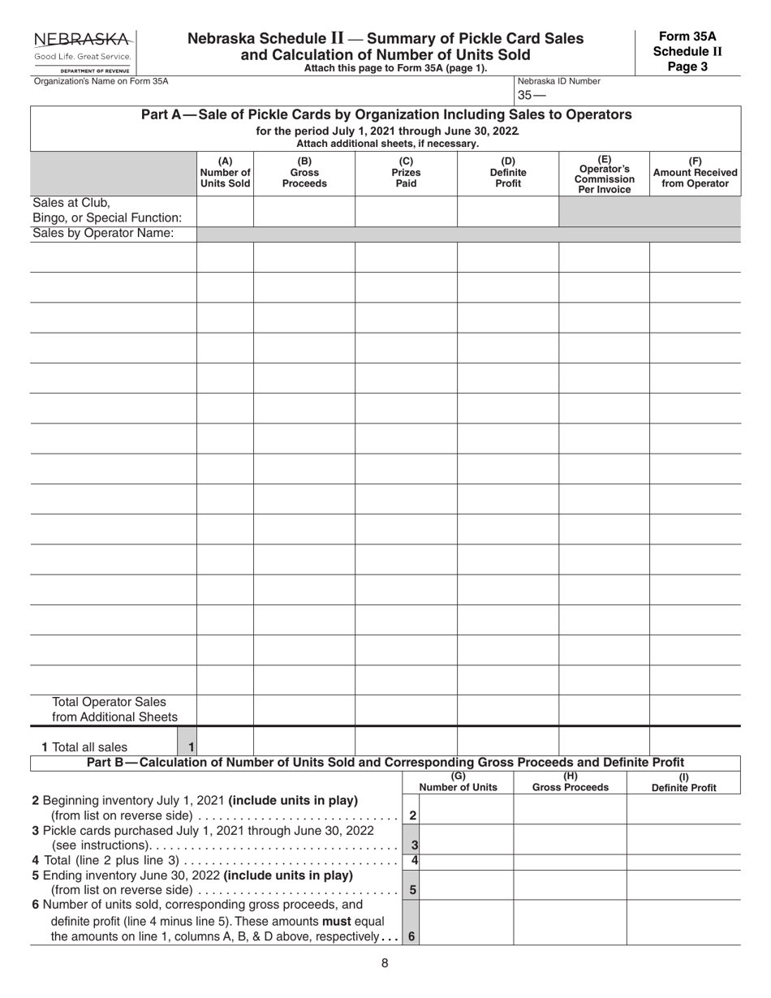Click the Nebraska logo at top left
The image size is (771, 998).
tap(81, 51)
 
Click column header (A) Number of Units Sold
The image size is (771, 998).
tap(225, 172)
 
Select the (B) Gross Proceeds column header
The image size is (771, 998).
tap(304, 172)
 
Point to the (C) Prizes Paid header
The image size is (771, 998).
tap(406, 172)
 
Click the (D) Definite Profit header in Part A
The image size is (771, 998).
tap(508, 172)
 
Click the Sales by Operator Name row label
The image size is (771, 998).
tap(103, 234)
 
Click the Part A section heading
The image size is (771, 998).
tap(385, 115)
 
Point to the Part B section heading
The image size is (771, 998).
tap(385, 762)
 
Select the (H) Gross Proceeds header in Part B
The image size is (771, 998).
tap(570, 782)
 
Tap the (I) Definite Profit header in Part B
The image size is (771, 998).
tap(683, 782)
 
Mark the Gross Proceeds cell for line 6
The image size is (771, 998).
tap(570, 923)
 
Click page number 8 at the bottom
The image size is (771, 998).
tap(385, 963)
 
